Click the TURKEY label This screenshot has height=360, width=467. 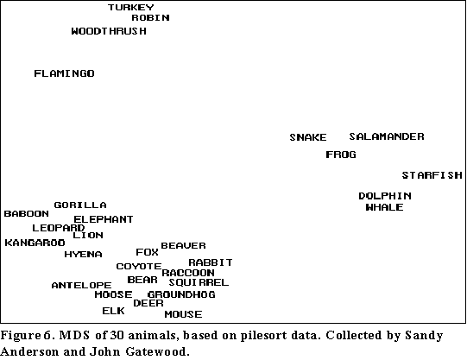click(x=130, y=7)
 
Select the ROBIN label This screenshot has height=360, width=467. click(x=150, y=17)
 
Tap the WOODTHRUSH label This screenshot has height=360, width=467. click(x=109, y=31)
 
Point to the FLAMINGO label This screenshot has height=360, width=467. click(x=64, y=73)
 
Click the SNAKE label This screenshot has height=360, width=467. click(x=308, y=137)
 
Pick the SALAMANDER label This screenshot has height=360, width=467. click(x=387, y=136)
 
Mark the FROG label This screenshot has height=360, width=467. click(x=341, y=155)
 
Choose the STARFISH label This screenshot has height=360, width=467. click(x=432, y=175)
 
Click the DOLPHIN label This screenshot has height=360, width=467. click(x=385, y=196)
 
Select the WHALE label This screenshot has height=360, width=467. click(x=384, y=207)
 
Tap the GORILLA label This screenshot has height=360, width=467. click(x=80, y=205)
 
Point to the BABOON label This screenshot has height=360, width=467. click(x=26, y=213)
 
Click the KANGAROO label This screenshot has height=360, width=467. click(x=35, y=243)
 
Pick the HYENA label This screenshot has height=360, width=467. click(x=83, y=254)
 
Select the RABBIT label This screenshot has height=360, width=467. click(x=211, y=262)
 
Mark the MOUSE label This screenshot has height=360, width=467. click(x=183, y=314)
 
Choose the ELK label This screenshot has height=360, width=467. click(x=113, y=311)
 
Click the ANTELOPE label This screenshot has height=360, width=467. click(x=81, y=285)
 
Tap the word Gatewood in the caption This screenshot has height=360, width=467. click(x=157, y=351)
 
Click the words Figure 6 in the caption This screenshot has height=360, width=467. click(x=26, y=336)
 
